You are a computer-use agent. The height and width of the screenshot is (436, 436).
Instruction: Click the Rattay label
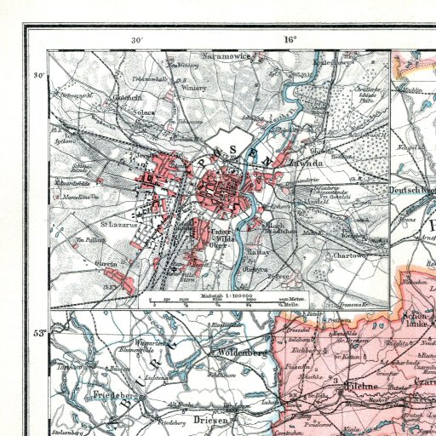coord(258,253)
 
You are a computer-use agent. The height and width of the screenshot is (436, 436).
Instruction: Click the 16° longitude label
coord(290,39)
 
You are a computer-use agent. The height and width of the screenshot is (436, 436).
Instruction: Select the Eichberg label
coord(302,349)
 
